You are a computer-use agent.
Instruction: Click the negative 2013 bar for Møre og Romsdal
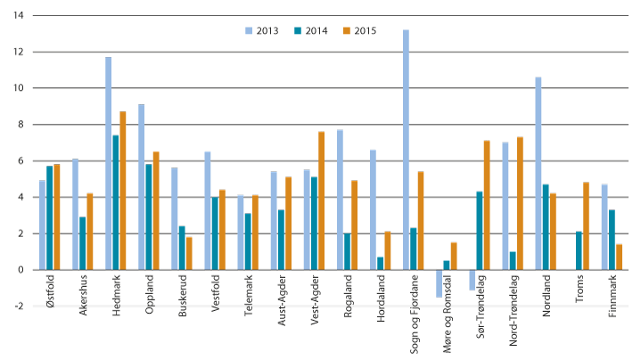pyautogui.click(x=439, y=282)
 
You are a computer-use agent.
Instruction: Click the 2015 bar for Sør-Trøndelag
pyautogui.click(x=486, y=205)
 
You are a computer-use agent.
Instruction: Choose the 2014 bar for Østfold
pyautogui.click(x=50, y=217)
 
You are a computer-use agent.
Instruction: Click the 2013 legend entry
pyautogui.click(x=260, y=31)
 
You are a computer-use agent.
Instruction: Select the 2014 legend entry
pyautogui.click(x=308, y=31)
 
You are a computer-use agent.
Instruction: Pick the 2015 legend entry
pyautogui.click(x=357, y=31)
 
